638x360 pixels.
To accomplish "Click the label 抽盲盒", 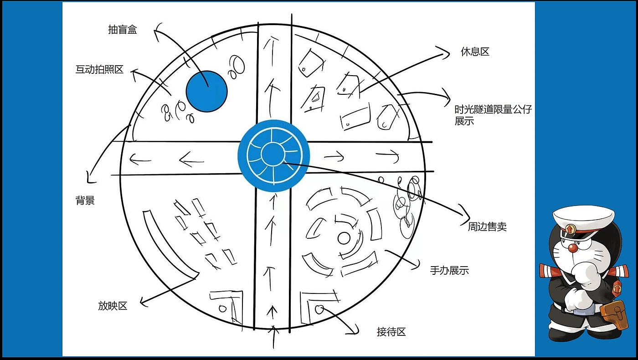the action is coord(123,30).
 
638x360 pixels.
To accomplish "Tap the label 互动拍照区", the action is coord(99,70).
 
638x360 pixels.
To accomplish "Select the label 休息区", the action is coord(475,52).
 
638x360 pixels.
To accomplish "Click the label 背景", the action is coord(85,201).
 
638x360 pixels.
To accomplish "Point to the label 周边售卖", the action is coord(487,226).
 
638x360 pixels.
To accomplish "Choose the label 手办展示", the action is coord(449,270).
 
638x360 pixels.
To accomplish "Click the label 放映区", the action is coord(113,306).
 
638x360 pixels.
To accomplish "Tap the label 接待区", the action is coord(391,332).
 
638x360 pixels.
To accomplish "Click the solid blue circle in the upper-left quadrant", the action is coord(207,91).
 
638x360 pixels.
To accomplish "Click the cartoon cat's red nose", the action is coord(572,248).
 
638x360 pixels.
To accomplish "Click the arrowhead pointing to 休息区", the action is coord(441,53).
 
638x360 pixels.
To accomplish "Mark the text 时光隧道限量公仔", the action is coord(493,109).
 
